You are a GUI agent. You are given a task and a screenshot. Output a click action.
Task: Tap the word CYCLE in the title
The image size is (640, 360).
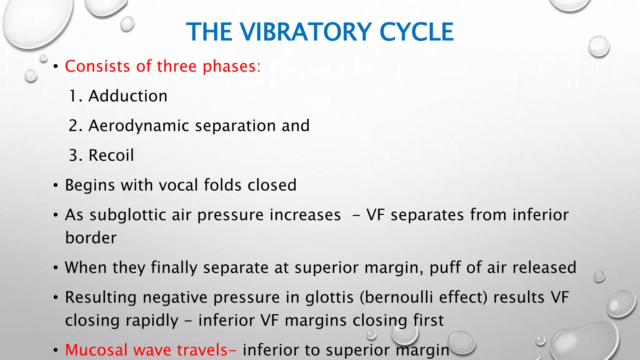point(416,32)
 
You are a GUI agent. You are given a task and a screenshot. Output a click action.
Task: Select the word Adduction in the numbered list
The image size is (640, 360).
point(128,96)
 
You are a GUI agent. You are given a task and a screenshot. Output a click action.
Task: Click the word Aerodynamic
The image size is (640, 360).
point(139,126)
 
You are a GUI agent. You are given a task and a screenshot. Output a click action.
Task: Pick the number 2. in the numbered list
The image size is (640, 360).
point(75,126)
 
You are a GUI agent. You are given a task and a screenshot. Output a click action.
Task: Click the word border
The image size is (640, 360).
point(91,238)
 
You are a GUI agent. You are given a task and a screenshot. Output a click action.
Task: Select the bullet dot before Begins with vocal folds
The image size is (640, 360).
point(56,186)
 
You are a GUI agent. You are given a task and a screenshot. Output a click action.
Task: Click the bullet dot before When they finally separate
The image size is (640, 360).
point(56,268)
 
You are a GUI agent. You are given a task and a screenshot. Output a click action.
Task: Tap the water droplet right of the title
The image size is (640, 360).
point(598,46)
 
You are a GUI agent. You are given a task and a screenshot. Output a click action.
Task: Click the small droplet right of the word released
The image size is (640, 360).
point(599,276)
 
